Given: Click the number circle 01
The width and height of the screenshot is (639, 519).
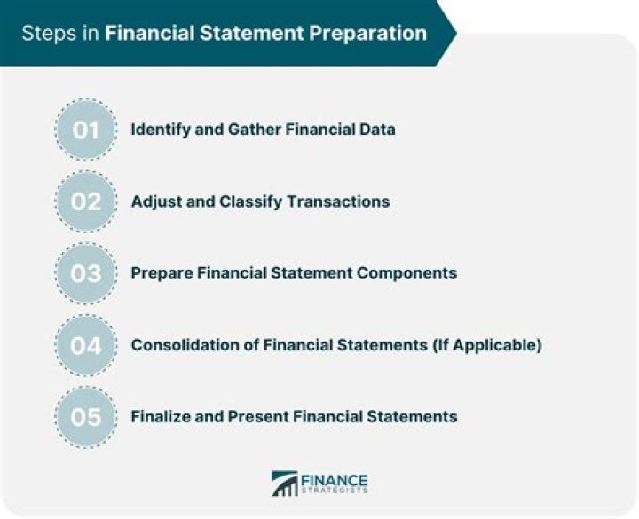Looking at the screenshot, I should [x=86, y=130].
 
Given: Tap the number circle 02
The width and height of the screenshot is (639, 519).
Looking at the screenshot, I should [x=86, y=201].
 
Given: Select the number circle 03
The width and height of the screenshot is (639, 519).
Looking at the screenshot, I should [x=86, y=273].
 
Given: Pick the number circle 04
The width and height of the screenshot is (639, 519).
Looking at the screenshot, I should [x=86, y=345].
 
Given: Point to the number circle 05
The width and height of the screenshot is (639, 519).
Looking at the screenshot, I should [x=86, y=416].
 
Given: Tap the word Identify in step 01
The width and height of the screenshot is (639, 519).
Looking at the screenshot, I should [x=159, y=130].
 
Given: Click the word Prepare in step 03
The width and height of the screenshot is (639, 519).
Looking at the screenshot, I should [x=161, y=273].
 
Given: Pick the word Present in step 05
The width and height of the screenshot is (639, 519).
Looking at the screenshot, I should [x=262, y=416].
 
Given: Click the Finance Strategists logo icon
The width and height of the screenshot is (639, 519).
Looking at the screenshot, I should [x=284, y=484].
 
